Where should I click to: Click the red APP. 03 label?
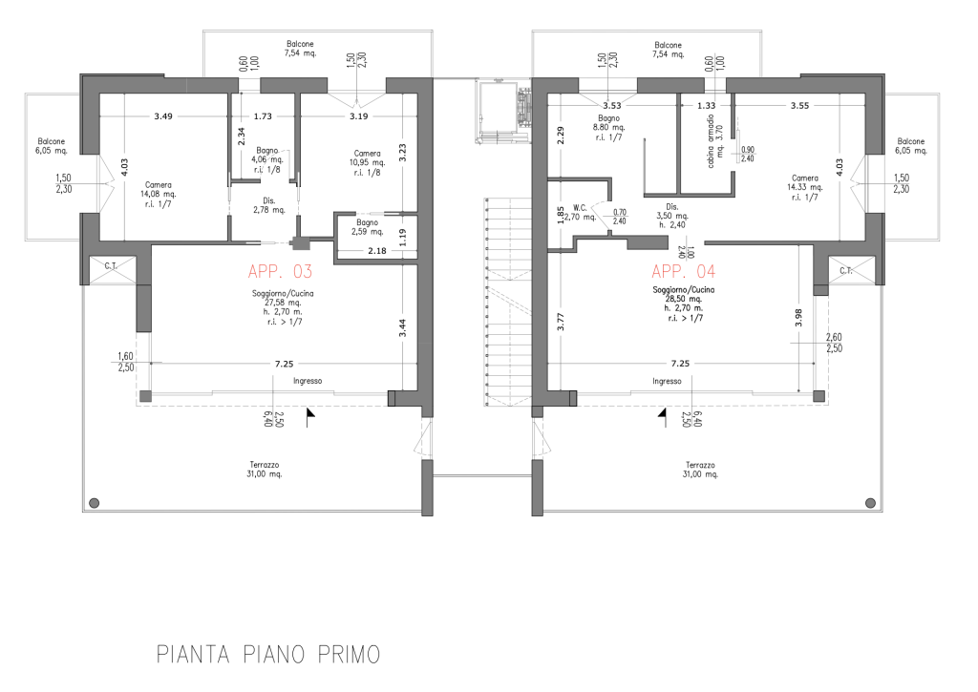(x=280, y=271)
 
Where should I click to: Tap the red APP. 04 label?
(x=684, y=271)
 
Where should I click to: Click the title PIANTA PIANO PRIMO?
(x=268, y=655)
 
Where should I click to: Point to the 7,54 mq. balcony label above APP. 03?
(x=300, y=49)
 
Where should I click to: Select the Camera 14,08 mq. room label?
(x=159, y=194)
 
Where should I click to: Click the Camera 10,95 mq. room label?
(x=368, y=162)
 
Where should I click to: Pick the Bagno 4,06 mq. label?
(x=267, y=159)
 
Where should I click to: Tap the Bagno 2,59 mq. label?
(x=368, y=227)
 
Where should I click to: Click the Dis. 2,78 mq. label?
(x=269, y=205)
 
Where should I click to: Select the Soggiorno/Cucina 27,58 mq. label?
(x=283, y=307)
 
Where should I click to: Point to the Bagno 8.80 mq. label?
(x=608, y=127)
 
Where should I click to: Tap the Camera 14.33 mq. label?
(x=804, y=188)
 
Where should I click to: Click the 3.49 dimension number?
(x=163, y=115)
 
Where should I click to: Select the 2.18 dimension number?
(x=376, y=251)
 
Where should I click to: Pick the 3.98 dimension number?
(x=799, y=318)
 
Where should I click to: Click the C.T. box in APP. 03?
(x=112, y=269)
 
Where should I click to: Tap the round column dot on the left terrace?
(x=95, y=502)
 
